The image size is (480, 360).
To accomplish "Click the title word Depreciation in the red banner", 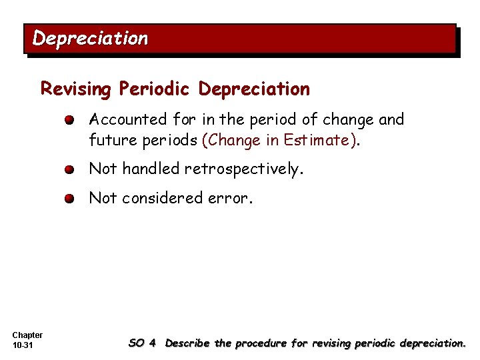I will pyautogui.click(x=90, y=39).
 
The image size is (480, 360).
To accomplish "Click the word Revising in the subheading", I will pyautogui.click(x=77, y=89).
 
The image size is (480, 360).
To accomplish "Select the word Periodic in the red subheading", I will pyautogui.click(x=156, y=89).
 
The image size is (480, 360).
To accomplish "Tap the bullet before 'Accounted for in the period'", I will pyautogui.click(x=70, y=121).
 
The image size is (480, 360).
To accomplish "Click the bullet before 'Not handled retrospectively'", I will pyautogui.click(x=70, y=169).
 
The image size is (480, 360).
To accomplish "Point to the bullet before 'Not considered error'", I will pyautogui.click(x=70, y=199).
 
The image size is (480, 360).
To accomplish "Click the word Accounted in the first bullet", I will pyautogui.click(x=128, y=119).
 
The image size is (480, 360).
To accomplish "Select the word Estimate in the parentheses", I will pyautogui.click(x=317, y=140).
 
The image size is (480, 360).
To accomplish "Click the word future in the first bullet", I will pyautogui.click(x=109, y=140).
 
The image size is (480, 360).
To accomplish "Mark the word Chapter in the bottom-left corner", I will pyautogui.click(x=27, y=335).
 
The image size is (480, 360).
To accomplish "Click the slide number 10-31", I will pyautogui.click(x=23, y=345).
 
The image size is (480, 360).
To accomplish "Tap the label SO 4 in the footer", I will pyautogui.click(x=142, y=343).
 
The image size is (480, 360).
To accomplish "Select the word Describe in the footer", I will pyautogui.click(x=188, y=343).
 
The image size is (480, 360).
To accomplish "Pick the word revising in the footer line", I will pyautogui.click(x=328, y=343).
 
